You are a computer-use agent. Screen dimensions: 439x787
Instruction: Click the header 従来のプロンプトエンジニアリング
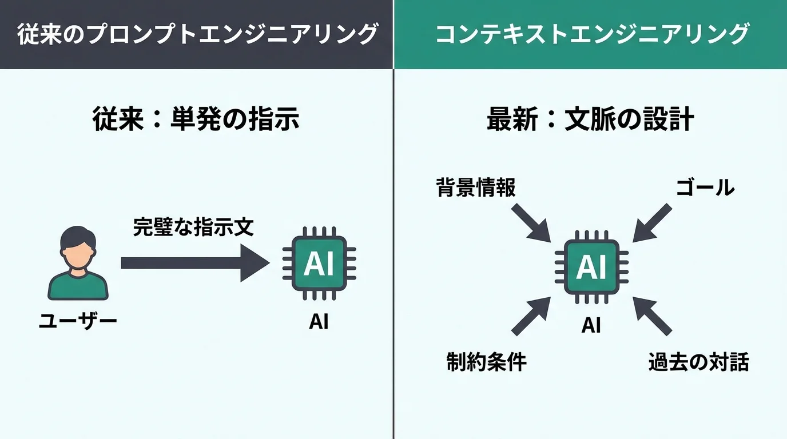pos(197,34)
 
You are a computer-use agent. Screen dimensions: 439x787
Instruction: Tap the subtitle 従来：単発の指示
pos(196,121)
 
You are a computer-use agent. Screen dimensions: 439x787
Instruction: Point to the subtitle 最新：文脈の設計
pos(590,121)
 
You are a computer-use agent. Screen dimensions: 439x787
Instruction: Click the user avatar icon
pos(77,263)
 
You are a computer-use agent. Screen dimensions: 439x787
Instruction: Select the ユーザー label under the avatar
pos(78,321)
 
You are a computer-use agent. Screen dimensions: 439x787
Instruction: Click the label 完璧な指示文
pos(193,227)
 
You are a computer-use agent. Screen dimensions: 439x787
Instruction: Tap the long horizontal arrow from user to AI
pos(194,263)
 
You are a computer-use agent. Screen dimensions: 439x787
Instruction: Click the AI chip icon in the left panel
pos(319,264)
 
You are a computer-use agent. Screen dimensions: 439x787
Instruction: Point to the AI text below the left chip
pos(319,322)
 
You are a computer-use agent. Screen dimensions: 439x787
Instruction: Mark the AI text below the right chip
pos(591,325)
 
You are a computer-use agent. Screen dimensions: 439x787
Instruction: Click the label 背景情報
pos(476,187)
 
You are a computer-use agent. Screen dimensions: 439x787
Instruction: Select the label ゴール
pos(705,187)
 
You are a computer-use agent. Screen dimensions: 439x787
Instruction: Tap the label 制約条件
pos(486,362)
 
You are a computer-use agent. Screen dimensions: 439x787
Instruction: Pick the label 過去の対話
pos(698,362)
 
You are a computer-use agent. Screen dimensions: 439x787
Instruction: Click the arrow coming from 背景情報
pos(531,222)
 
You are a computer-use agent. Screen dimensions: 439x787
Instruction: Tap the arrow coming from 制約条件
pos(531,315)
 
